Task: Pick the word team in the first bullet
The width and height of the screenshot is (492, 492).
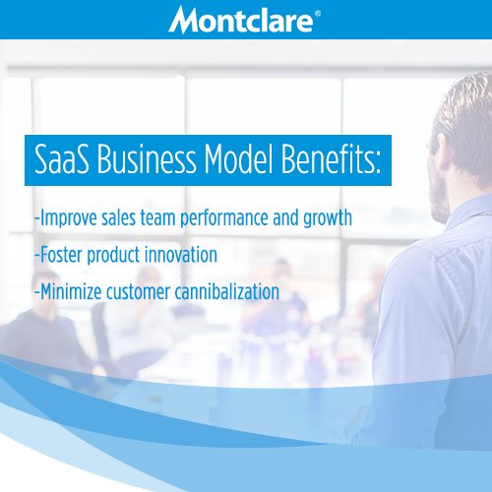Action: click(x=178, y=218)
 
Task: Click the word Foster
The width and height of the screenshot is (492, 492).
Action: click(x=59, y=255)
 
